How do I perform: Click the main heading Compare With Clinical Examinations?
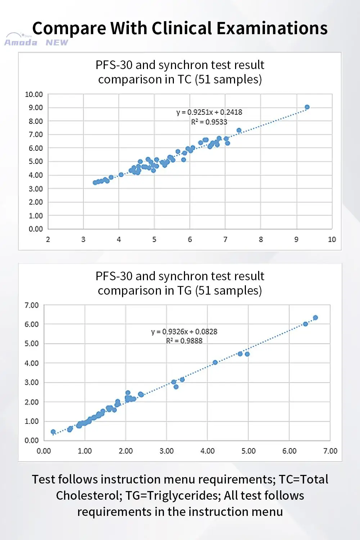coord(180,28)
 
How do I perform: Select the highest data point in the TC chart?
coord(307,107)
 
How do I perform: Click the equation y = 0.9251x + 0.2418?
coord(209,112)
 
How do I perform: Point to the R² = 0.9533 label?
coord(209,122)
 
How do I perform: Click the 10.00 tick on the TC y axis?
coord(34,94)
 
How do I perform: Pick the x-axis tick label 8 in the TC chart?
coord(261,239)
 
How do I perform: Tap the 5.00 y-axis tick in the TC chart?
coord(36,162)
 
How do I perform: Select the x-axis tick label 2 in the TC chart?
coord(48,239)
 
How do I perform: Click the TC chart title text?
coord(180,72)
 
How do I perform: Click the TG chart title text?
coord(180,283)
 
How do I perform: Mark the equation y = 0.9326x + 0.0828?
coord(184,331)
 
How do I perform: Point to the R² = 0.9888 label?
coord(184,341)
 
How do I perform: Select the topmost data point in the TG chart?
coord(315,318)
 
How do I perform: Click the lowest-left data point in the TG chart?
coord(53,432)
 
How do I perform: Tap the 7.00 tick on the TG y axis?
coord(32,305)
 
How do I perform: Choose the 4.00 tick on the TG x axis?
coord(207,451)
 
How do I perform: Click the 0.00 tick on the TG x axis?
coord(44,451)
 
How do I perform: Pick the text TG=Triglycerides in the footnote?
coord(173,495)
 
